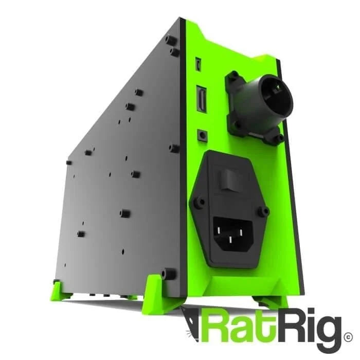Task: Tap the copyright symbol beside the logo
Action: click(x=349, y=338)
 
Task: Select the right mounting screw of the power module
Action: click(x=265, y=211)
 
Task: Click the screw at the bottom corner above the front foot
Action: click(x=165, y=274)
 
